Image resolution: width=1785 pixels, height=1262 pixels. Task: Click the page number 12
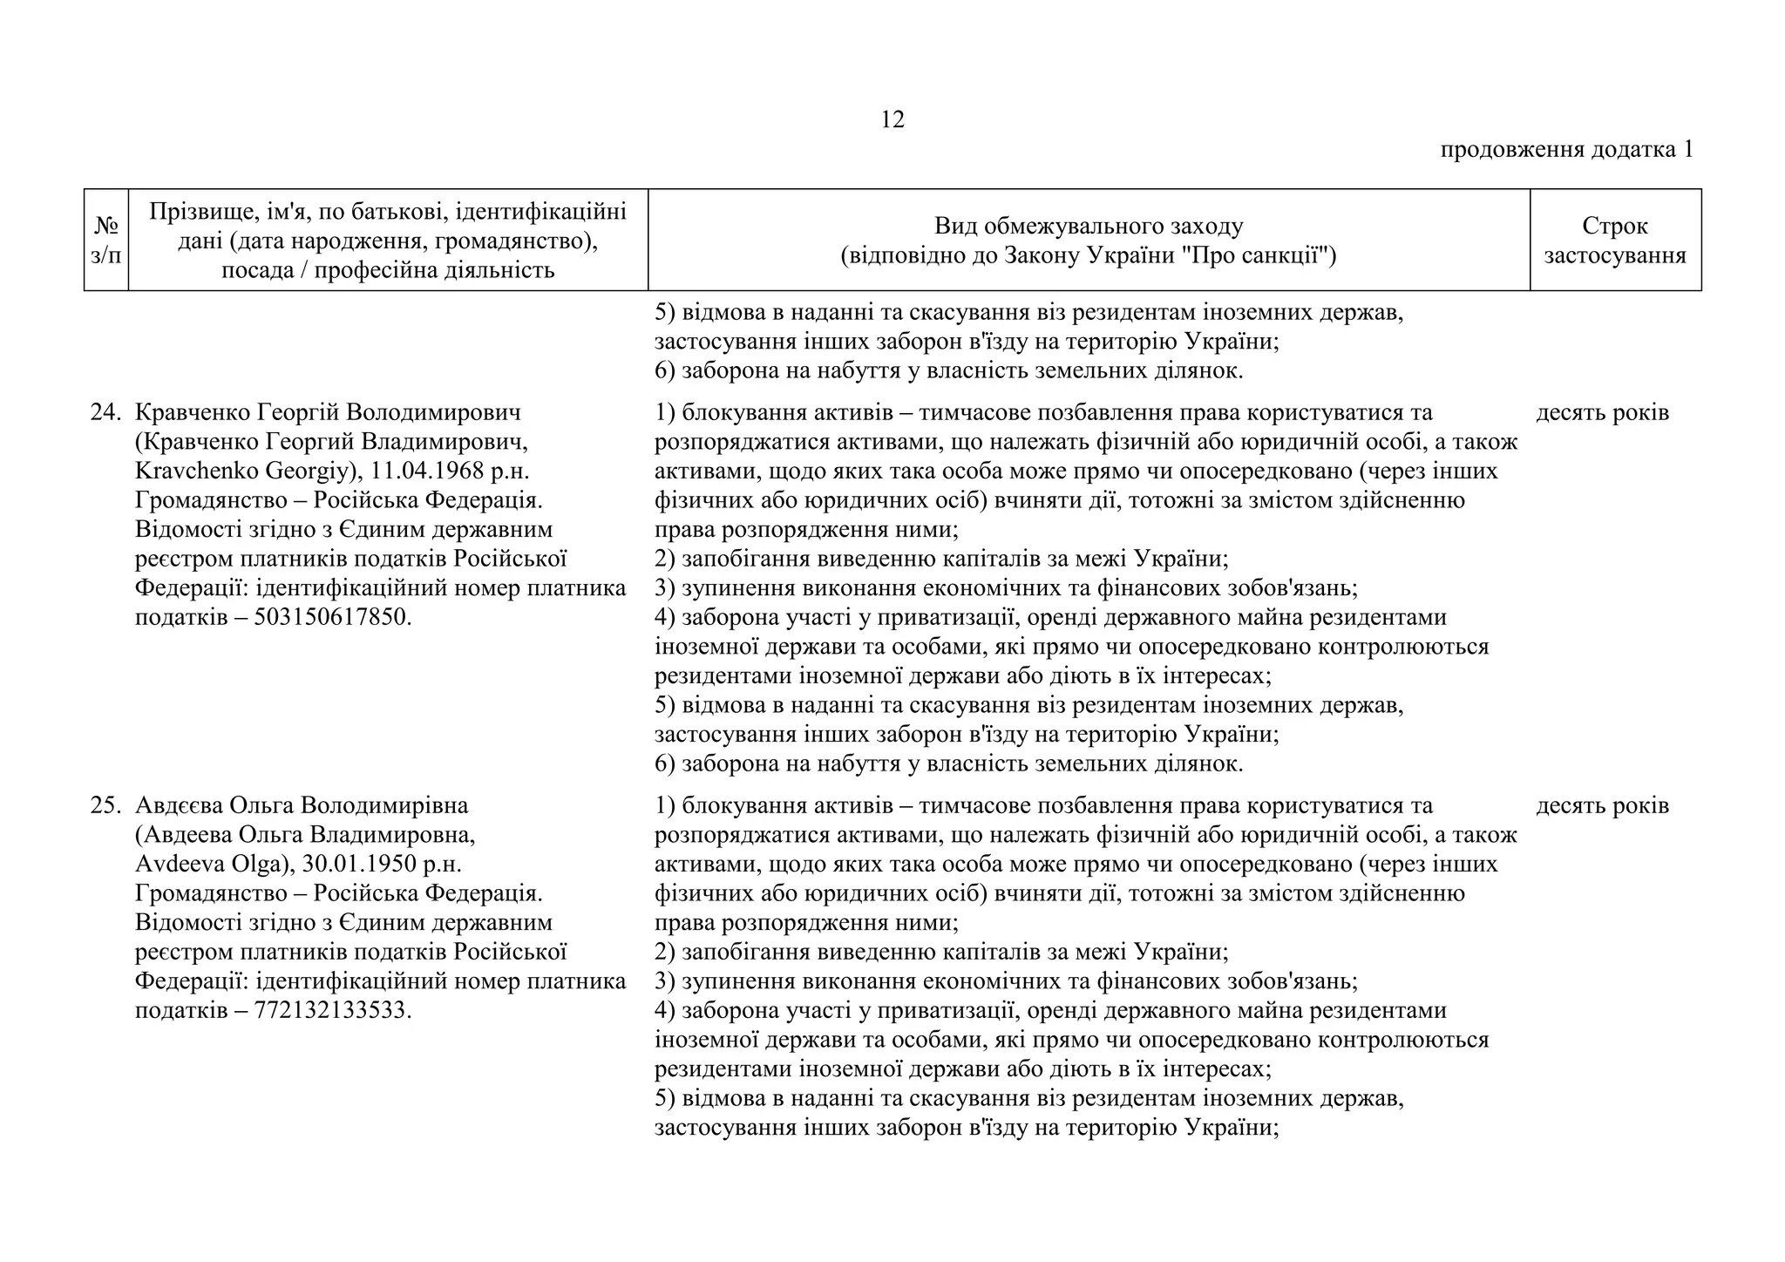(892, 119)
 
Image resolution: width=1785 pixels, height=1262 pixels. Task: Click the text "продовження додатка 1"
(1565, 150)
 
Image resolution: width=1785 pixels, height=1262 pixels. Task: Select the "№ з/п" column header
(105, 241)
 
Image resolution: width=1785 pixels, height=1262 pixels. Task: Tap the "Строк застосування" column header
(1614, 241)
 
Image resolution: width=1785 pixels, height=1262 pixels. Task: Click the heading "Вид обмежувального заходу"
(1088, 227)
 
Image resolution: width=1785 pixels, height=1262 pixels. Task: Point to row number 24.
(105, 412)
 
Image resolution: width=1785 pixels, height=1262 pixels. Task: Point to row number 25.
(105, 805)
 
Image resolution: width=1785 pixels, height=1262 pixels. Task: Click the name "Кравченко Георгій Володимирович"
(327, 412)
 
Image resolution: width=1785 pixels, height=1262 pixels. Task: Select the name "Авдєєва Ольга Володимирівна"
(302, 805)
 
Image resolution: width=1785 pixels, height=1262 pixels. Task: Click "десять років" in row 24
(1601, 412)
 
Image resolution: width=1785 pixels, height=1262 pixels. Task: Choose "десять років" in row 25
(1601, 805)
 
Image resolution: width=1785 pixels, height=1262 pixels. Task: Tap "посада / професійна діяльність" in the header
(388, 271)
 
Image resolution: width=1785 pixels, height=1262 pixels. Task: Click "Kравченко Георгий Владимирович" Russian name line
(331, 442)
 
